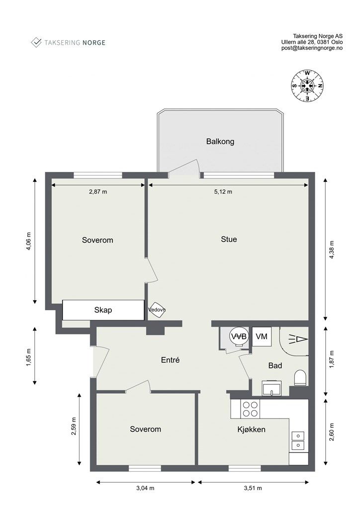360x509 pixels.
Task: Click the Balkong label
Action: [220, 142]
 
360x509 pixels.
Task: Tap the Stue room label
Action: [229, 239]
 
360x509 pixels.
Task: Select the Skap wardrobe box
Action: [103, 310]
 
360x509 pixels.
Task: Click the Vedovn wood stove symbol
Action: [157, 310]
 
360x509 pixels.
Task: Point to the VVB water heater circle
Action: [239, 337]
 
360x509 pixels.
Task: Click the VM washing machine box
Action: [262, 337]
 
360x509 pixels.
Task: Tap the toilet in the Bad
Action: [300, 378]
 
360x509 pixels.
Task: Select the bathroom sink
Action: [272, 388]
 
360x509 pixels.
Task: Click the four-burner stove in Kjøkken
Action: [251, 409]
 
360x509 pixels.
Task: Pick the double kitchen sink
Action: [298, 440]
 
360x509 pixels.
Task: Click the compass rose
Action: [307, 85]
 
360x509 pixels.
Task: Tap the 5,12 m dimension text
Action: [223, 192]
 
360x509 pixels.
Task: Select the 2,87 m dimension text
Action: [98, 192]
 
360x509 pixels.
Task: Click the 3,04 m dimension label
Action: [145, 488]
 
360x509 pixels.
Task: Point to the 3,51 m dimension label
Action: [253, 488]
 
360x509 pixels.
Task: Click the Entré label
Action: [171, 360]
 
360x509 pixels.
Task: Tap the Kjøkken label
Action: [251, 430]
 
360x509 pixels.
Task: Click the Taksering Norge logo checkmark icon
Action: [36, 42]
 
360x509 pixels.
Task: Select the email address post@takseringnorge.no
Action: [312, 48]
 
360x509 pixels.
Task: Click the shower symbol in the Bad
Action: [298, 339]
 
